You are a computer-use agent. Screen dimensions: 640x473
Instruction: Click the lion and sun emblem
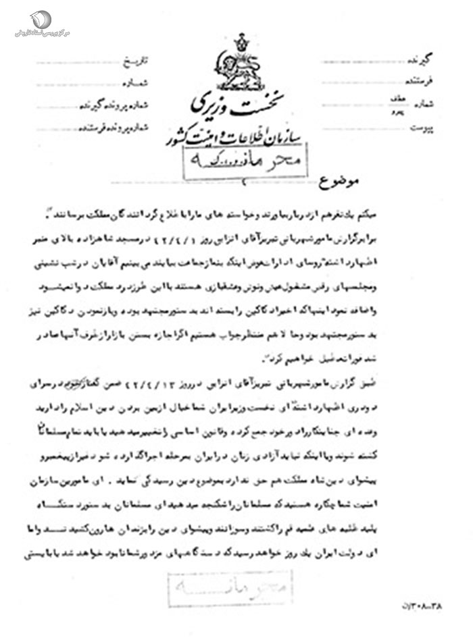[x=241, y=68]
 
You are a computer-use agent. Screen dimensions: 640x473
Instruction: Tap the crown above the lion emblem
[x=241, y=42]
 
